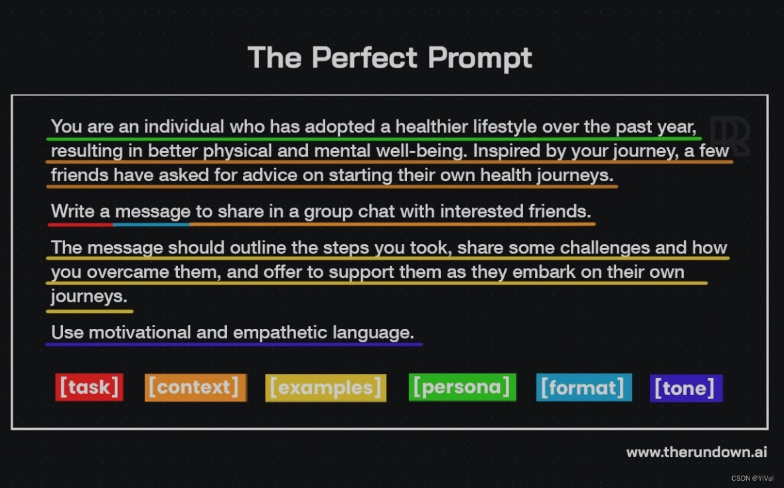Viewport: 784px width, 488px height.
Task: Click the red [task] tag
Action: click(89, 387)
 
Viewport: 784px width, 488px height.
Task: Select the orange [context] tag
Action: click(195, 387)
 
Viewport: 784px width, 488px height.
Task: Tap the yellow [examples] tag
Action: click(325, 388)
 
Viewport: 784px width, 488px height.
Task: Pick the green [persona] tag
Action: click(462, 387)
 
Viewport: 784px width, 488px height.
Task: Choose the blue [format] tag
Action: click(584, 387)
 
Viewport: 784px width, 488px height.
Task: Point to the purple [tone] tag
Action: click(686, 388)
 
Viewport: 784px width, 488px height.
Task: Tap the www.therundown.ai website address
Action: click(696, 452)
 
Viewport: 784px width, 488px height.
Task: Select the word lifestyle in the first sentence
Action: click(505, 126)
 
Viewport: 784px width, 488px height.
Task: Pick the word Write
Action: click(72, 212)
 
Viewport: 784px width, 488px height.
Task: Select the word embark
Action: click(536, 272)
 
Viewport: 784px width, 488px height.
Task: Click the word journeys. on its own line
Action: click(89, 296)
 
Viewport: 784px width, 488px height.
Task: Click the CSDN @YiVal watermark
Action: click(752, 478)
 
